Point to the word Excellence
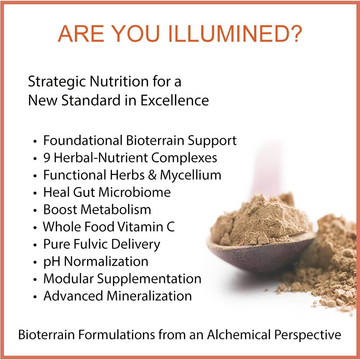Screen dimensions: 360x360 click(x=175, y=100)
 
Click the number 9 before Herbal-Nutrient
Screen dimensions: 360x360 click(x=47, y=158)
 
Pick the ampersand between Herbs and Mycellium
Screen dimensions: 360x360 click(x=152, y=175)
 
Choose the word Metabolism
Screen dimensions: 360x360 click(x=116, y=210)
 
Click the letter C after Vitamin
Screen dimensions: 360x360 click(x=170, y=226)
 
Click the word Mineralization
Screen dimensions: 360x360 click(x=149, y=296)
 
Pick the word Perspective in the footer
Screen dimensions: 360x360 click(x=308, y=335)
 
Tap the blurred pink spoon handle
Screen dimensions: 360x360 click(x=266, y=168)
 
